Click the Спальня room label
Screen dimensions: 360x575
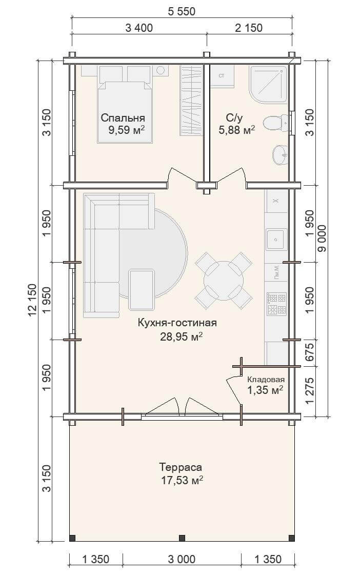[123, 117]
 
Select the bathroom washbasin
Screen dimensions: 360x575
[281, 154]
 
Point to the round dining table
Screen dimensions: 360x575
[223, 281]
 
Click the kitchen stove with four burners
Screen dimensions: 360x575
[276, 304]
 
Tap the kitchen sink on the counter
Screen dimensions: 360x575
[276, 240]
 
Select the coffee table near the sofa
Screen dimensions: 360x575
[141, 290]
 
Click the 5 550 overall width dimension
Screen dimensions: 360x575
[182, 11]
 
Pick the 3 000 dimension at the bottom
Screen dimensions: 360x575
[182, 559]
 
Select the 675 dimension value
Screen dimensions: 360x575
[310, 352]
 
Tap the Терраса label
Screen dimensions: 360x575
[181, 467]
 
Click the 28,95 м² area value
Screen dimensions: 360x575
[182, 336]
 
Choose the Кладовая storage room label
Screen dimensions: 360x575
[266, 380]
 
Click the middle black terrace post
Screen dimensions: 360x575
[182, 538]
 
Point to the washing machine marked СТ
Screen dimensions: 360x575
[222, 76]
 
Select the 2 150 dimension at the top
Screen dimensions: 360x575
[249, 28]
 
